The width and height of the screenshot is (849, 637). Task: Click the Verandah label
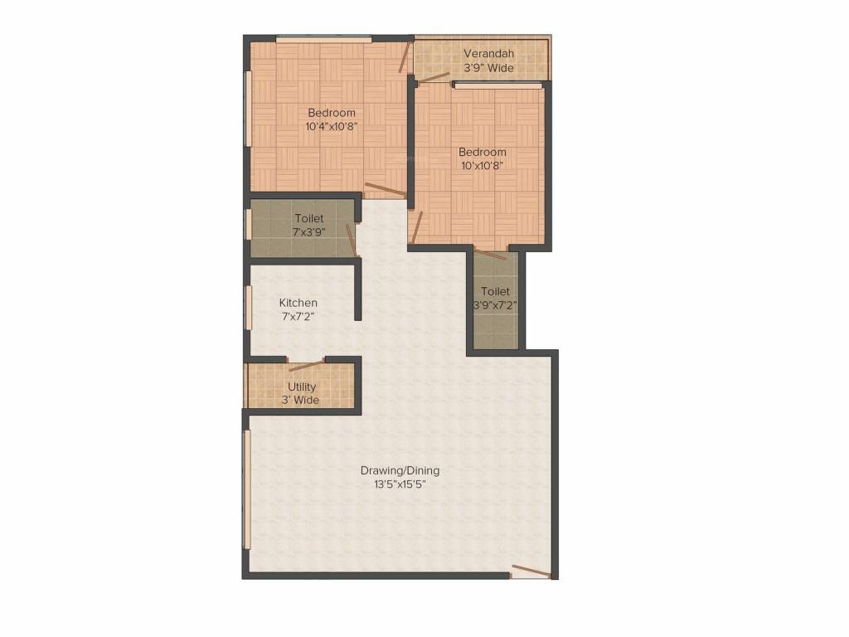coord(489,54)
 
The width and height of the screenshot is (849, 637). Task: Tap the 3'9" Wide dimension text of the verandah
coord(489,68)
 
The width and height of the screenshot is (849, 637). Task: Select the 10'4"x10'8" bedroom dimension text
coord(332,127)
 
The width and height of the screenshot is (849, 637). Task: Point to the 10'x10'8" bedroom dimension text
coord(483,165)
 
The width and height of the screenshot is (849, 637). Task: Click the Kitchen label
coord(298,303)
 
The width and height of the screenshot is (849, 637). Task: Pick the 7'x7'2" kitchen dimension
coord(298,316)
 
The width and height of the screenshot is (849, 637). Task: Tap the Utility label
coord(301,387)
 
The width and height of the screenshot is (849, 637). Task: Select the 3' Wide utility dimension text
coord(301,401)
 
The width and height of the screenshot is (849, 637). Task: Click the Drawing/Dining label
coord(400,470)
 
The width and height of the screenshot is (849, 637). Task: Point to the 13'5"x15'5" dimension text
coord(400,484)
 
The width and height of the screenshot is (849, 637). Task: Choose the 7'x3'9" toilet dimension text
coord(309,232)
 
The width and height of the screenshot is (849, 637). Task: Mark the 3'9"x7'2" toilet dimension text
coord(495,304)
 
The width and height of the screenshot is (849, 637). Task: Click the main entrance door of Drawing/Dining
coord(531,571)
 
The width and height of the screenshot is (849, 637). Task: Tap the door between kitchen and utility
coord(306,364)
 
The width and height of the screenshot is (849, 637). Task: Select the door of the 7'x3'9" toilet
coord(351,239)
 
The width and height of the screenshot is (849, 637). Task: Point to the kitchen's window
coord(247,308)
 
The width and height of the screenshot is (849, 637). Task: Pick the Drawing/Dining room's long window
coord(247,489)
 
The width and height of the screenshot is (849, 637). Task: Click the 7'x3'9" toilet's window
coord(247,225)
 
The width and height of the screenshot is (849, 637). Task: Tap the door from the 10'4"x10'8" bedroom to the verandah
coord(405,57)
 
